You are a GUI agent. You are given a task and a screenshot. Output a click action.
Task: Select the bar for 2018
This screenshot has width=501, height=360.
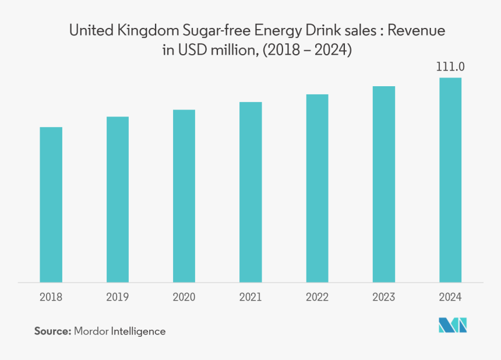[51, 204]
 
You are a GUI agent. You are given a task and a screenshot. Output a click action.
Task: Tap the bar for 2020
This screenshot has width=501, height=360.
[184, 196]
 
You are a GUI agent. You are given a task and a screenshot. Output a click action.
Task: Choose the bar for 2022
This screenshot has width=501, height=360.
[317, 188]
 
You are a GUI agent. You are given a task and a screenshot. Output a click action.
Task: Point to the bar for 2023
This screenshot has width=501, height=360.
[384, 184]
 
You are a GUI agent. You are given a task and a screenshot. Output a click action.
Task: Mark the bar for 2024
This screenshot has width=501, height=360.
[450, 180]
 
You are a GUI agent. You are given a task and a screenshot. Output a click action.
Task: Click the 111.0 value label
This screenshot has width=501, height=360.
[450, 68]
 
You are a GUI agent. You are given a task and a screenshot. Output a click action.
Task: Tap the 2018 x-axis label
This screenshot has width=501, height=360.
[51, 297]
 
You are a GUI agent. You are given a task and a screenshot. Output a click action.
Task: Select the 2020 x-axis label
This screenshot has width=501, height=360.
[184, 297]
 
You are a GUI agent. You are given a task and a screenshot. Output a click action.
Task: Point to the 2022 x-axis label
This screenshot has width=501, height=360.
[317, 297]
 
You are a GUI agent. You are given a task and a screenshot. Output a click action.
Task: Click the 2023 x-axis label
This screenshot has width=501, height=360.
[384, 297]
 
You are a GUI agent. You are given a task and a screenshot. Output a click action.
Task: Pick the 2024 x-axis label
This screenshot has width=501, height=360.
[450, 297]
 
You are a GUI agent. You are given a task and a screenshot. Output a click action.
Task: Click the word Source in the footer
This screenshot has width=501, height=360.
[52, 331]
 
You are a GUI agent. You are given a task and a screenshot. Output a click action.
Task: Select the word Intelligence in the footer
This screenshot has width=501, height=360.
[139, 331]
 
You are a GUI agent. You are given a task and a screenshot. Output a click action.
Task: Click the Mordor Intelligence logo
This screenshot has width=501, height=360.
[453, 326]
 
